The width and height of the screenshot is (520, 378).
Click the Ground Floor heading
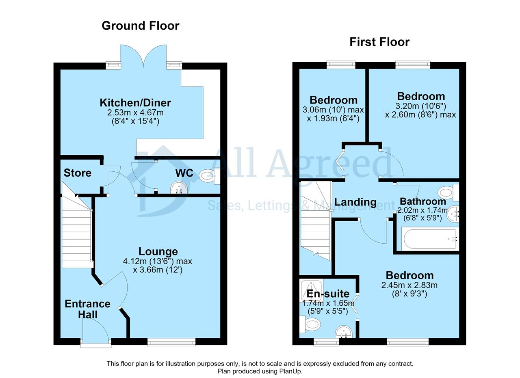141,26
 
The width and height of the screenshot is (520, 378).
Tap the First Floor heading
379,42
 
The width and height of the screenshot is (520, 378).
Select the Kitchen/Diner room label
135,103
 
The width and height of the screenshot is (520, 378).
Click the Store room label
78,173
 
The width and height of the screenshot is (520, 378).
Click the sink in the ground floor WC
179,187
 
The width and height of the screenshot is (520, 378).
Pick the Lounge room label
158,251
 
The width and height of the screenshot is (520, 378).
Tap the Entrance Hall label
87,309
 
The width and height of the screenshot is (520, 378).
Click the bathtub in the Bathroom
430,239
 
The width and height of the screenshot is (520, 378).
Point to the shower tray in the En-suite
312,290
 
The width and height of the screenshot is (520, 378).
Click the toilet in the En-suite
310,324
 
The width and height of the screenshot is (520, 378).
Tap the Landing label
355,202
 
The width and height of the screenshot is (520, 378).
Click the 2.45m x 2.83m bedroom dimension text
409,285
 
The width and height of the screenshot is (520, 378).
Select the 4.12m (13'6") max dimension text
158,261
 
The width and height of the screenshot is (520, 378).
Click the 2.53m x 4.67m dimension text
135,113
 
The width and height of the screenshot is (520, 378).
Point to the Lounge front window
171,342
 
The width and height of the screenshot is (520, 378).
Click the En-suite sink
344,332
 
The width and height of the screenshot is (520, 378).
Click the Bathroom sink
453,214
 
